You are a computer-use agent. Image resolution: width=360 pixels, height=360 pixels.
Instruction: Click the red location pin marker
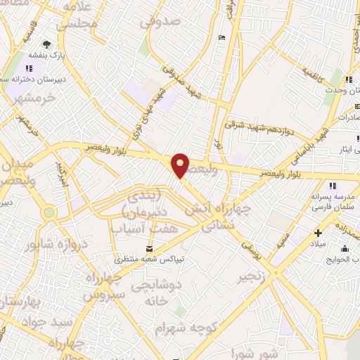tap(181, 165)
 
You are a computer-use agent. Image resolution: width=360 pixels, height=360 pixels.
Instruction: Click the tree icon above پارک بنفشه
tap(48, 44)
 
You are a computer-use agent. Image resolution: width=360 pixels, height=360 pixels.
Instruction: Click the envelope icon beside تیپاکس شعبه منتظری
tap(149, 249)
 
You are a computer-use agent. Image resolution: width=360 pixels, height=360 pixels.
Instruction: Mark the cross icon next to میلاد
tap(318, 233)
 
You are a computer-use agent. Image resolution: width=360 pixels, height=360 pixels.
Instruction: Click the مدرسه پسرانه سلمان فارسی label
tap(330, 200)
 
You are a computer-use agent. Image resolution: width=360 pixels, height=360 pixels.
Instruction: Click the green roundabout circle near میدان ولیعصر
tap(49, 212)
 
